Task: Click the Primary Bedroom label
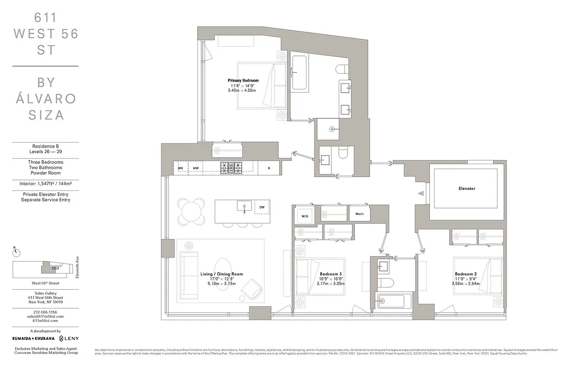(243, 80)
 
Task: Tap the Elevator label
(466, 188)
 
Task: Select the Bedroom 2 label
(465, 274)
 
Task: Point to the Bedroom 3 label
(330, 274)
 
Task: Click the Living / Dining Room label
(221, 274)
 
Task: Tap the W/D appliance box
(305, 216)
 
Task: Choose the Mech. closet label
(359, 214)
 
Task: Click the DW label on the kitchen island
(262, 207)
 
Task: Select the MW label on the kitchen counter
(196, 168)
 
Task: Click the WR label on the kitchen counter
(181, 168)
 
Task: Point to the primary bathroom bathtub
(300, 73)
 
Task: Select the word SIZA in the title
(46, 115)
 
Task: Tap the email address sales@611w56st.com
(45, 316)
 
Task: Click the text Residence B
(45, 146)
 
